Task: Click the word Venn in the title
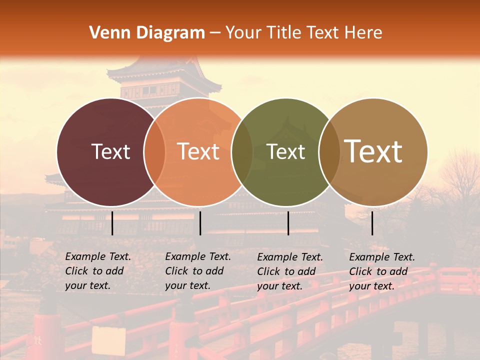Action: click(x=106, y=33)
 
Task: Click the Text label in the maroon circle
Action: click(x=110, y=151)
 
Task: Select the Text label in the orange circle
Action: click(x=198, y=151)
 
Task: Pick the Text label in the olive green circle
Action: click(x=286, y=151)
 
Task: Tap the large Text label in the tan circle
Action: click(x=373, y=151)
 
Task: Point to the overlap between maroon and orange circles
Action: click(x=154, y=151)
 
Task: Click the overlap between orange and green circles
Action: click(x=242, y=151)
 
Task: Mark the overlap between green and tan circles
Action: click(x=329, y=151)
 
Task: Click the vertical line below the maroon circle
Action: click(x=112, y=223)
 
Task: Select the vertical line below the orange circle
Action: click(x=200, y=223)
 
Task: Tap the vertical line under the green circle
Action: click(x=288, y=223)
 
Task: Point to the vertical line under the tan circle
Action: click(x=372, y=223)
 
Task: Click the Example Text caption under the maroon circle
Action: click(x=97, y=271)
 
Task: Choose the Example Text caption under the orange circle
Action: click(x=197, y=271)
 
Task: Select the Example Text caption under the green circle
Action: click(x=289, y=271)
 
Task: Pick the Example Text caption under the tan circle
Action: click(x=381, y=271)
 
